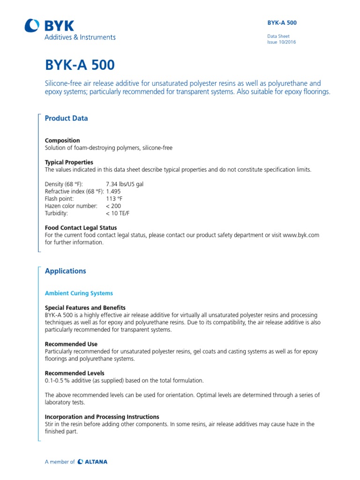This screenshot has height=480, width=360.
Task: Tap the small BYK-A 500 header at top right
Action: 282,22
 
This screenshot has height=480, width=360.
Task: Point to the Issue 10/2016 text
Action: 281,42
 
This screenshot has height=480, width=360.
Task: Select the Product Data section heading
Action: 66,119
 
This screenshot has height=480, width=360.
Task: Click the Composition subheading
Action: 62,141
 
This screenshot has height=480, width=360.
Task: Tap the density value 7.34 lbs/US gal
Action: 125,184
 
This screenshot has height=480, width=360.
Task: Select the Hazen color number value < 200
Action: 113,206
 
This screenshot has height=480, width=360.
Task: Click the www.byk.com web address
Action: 301,235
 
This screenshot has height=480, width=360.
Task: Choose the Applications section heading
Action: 65,271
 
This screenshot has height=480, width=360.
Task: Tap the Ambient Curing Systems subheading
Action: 79,293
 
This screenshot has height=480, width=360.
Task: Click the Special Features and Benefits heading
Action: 85,307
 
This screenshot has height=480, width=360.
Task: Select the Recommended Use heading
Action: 71,344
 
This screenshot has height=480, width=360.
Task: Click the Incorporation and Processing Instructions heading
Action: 102,417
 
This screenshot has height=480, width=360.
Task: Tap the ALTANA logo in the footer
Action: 93,462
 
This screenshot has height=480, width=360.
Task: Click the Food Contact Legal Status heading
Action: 80,228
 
